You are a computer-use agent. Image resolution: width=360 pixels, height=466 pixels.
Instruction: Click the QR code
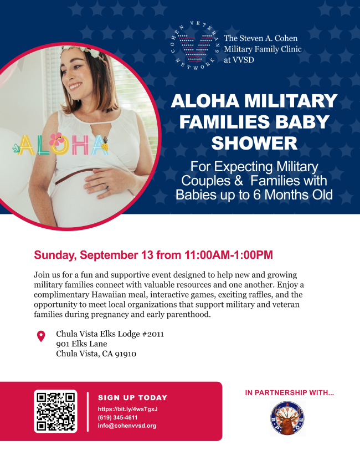pyautogui.click(x=55, y=411)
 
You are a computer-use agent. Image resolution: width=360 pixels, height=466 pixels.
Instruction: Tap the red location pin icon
pyautogui.click(x=41, y=336)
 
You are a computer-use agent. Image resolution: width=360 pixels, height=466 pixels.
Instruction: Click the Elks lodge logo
pyautogui.click(x=287, y=418)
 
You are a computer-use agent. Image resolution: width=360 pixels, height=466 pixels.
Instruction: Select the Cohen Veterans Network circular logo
pyautogui.click(x=196, y=46)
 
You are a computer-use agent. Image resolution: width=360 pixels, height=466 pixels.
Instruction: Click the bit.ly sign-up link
pyautogui.click(x=128, y=409)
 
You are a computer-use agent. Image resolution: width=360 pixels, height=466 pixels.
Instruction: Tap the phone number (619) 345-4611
pyautogui.click(x=117, y=417)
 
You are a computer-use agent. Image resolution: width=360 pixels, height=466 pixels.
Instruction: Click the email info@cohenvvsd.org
pyautogui.click(x=127, y=426)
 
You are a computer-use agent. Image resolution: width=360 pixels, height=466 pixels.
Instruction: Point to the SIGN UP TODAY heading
pyautogui.click(x=133, y=398)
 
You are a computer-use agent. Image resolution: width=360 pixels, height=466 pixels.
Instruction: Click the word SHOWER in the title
pyautogui.click(x=254, y=143)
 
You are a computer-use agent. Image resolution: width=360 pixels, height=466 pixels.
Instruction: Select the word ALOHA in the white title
pyautogui.click(x=205, y=100)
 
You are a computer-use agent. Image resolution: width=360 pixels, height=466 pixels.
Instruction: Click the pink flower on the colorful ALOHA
pyautogui.click(x=56, y=139)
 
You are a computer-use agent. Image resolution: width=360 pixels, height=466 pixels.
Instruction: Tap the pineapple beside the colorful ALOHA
pyautogui.click(x=104, y=144)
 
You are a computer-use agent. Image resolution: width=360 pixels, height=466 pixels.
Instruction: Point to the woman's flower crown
pyautogui.click(x=80, y=51)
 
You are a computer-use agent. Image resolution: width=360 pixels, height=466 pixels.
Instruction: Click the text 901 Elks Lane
pyautogui.click(x=81, y=344)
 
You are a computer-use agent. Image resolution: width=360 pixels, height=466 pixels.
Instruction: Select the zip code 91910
pyautogui.click(x=126, y=354)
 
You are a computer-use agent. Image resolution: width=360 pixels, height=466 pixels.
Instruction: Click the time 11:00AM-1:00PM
pyautogui.click(x=228, y=255)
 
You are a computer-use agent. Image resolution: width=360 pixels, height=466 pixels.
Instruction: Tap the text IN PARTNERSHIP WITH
pyautogui.click(x=290, y=393)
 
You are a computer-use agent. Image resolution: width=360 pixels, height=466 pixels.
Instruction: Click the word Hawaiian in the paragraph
pyautogui.click(x=107, y=295)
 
